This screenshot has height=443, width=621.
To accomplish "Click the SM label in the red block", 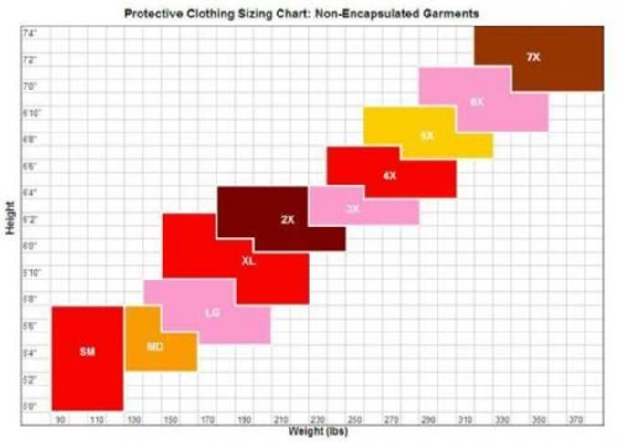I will [88, 352].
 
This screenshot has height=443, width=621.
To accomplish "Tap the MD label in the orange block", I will [154, 346].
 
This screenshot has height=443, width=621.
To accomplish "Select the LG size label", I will [213, 312].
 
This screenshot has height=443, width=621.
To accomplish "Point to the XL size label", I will [248, 261].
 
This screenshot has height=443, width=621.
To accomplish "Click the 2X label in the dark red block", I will [288, 219].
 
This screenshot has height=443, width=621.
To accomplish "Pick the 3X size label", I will [353, 209].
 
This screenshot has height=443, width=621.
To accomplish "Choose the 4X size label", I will [390, 174].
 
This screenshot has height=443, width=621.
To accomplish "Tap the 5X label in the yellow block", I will [426, 135].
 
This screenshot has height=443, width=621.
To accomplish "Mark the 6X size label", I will [477, 101].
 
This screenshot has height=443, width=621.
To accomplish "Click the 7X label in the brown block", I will [533, 58].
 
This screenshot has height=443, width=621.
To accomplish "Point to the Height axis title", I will [9, 219].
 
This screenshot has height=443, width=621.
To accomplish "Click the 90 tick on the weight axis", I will [61, 419].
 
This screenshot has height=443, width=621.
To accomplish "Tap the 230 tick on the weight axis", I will [318, 419].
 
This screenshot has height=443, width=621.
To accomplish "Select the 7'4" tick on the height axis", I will [29, 33].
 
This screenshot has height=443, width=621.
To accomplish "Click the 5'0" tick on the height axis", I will [29, 406].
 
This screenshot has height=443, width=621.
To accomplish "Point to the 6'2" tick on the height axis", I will [29, 219].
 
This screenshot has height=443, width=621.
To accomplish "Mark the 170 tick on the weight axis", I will [207, 419].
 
